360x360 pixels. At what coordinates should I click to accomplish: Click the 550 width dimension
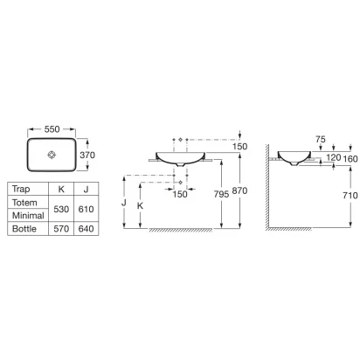click(x=52, y=129)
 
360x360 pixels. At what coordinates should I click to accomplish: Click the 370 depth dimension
click(x=87, y=155)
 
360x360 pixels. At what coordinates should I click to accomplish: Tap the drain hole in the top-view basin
click(x=52, y=155)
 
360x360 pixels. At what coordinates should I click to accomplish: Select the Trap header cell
click(x=21, y=190)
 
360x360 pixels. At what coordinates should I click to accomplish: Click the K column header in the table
click(x=61, y=190)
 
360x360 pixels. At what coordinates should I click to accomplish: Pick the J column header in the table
click(x=86, y=190)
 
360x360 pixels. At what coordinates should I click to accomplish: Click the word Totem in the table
click(x=24, y=203)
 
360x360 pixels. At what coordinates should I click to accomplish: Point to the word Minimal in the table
click(x=28, y=216)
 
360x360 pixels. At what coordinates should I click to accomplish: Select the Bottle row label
click(x=24, y=229)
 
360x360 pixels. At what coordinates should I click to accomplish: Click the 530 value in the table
click(x=61, y=209)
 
